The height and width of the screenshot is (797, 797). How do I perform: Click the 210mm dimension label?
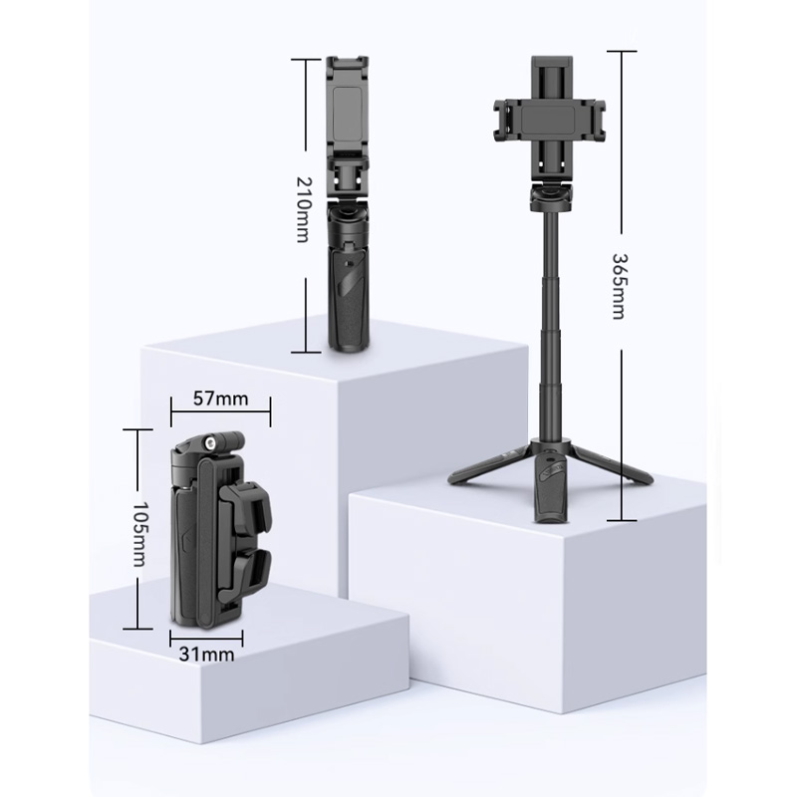[303, 209]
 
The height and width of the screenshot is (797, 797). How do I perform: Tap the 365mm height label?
[618, 286]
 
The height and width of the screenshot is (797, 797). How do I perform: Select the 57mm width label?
[220, 399]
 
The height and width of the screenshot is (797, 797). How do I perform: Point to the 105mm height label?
[138, 535]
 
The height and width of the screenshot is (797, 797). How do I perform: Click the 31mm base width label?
[206, 655]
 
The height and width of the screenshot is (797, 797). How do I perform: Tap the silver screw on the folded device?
[209, 443]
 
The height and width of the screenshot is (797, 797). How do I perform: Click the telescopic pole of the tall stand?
[552, 326]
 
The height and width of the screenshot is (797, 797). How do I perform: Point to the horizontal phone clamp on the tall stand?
[550, 121]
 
